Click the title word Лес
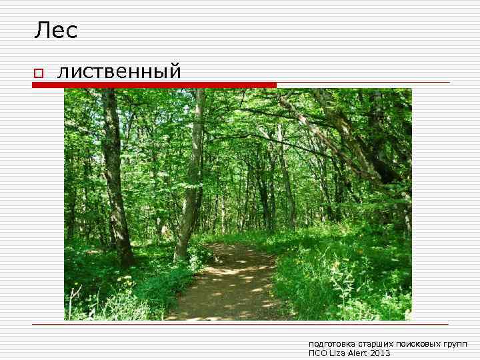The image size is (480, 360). (56, 30)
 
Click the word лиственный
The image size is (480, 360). (119, 70)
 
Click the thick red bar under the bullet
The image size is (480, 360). (153, 85)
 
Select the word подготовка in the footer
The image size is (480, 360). (328, 344)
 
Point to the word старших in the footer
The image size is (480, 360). (368, 344)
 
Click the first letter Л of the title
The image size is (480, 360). (41, 30)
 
